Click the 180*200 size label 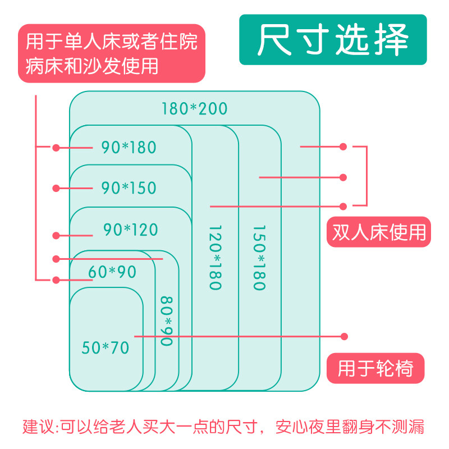click(x=195, y=108)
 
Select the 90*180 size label click(x=129, y=148)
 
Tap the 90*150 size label click(x=129, y=188)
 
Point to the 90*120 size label click(x=131, y=230)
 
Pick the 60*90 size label click(x=112, y=272)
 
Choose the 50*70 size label click(x=106, y=348)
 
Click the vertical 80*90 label click(x=166, y=320)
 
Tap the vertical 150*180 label click(x=258, y=258)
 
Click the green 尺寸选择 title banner click(x=333, y=40)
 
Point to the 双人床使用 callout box click(x=378, y=232)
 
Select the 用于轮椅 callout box click(x=375, y=368)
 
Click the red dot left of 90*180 click(x=56, y=148)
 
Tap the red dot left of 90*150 click(x=56, y=188)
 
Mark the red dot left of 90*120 click(x=56, y=235)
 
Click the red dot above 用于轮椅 click(x=345, y=336)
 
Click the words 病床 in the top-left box click(x=44, y=67)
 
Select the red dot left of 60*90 click(x=56, y=279)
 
